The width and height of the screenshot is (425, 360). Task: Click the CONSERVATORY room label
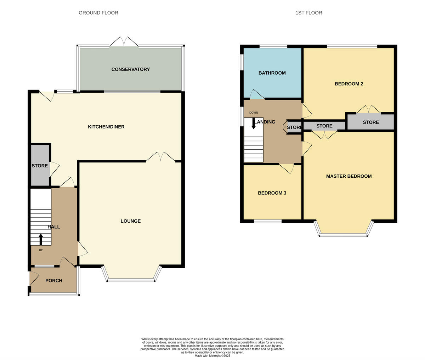pos(130,69)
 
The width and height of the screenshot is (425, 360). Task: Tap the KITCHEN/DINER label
pos(106,127)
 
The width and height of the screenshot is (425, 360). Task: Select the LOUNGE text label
pos(130,221)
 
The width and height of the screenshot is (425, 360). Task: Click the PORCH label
pos(54,280)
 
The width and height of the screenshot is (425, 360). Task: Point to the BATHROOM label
pos(272,73)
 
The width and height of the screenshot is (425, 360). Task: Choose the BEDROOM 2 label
pos(348,84)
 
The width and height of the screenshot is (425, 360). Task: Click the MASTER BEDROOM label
pos(348,176)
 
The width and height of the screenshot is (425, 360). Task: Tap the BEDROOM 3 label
pos(272,193)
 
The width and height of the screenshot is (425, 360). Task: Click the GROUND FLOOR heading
pos(98,13)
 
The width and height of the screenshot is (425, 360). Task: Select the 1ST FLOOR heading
pos(308,13)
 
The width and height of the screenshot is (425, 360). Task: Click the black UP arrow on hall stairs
pos(41,239)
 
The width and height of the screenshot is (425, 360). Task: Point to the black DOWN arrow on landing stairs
pos(254,123)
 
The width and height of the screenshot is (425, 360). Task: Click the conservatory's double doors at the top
pos(124,42)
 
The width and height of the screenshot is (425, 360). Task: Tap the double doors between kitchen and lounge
pos(160,157)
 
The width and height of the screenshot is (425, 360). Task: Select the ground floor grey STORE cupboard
pos(39,166)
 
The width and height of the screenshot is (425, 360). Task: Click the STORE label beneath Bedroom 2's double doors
pos(370,122)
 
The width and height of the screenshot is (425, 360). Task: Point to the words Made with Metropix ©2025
pos(212,355)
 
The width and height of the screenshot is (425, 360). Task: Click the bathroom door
pos(257,95)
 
